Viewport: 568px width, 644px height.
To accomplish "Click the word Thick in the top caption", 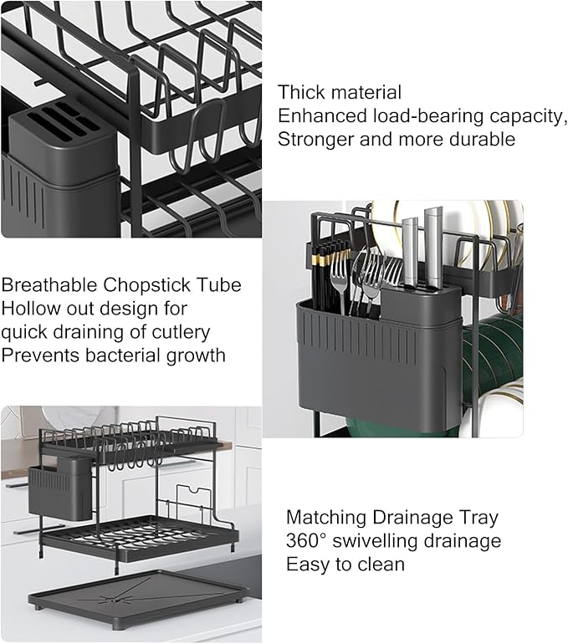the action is coord(299,92).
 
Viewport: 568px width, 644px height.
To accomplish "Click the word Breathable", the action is coord(49,285).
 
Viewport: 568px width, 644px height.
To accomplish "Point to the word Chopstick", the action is coord(146,286).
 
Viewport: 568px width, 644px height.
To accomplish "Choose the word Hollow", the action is coord(30,309).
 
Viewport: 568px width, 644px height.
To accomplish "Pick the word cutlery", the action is coord(182,332).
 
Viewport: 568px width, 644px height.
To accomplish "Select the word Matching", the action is coord(326,518).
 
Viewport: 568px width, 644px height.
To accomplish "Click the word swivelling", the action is coord(376,542).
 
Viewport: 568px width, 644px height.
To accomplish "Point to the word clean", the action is coord(381,565).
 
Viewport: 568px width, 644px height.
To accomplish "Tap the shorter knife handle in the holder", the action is coord(410,251).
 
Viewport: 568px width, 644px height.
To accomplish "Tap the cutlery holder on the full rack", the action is coord(60,488).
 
